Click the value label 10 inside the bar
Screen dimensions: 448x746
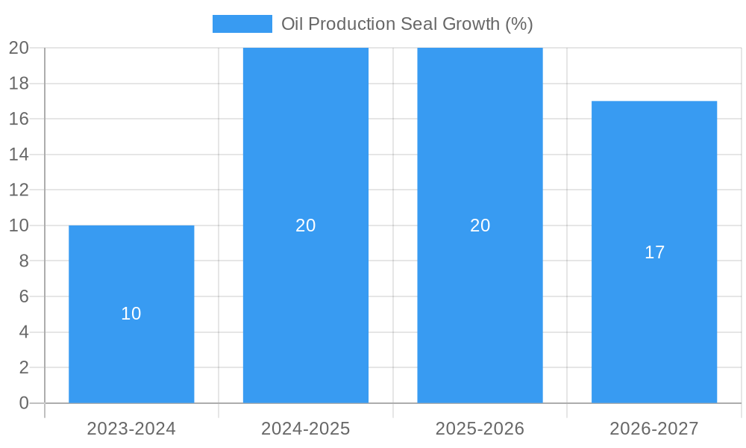[x=131, y=314]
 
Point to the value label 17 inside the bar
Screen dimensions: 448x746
[x=654, y=252]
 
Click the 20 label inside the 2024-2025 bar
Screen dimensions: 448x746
[x=306, y=225]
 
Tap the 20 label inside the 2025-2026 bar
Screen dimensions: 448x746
[x=480, y=225]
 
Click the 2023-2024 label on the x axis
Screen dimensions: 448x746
[x=131, y=429]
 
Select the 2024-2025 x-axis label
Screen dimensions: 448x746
[x=306, y=429]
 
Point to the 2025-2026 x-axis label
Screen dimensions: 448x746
[x=480, y=429]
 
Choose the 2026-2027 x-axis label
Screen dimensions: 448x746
[x=654, y=429]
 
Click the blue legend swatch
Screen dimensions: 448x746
[x=242, y=24]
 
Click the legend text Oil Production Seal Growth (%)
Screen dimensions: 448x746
[x=407, y=24]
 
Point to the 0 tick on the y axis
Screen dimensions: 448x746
[x=23, y=403]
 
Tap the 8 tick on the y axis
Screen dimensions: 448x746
[x=23, y=261]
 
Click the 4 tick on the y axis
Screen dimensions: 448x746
[x=23, y=332]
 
